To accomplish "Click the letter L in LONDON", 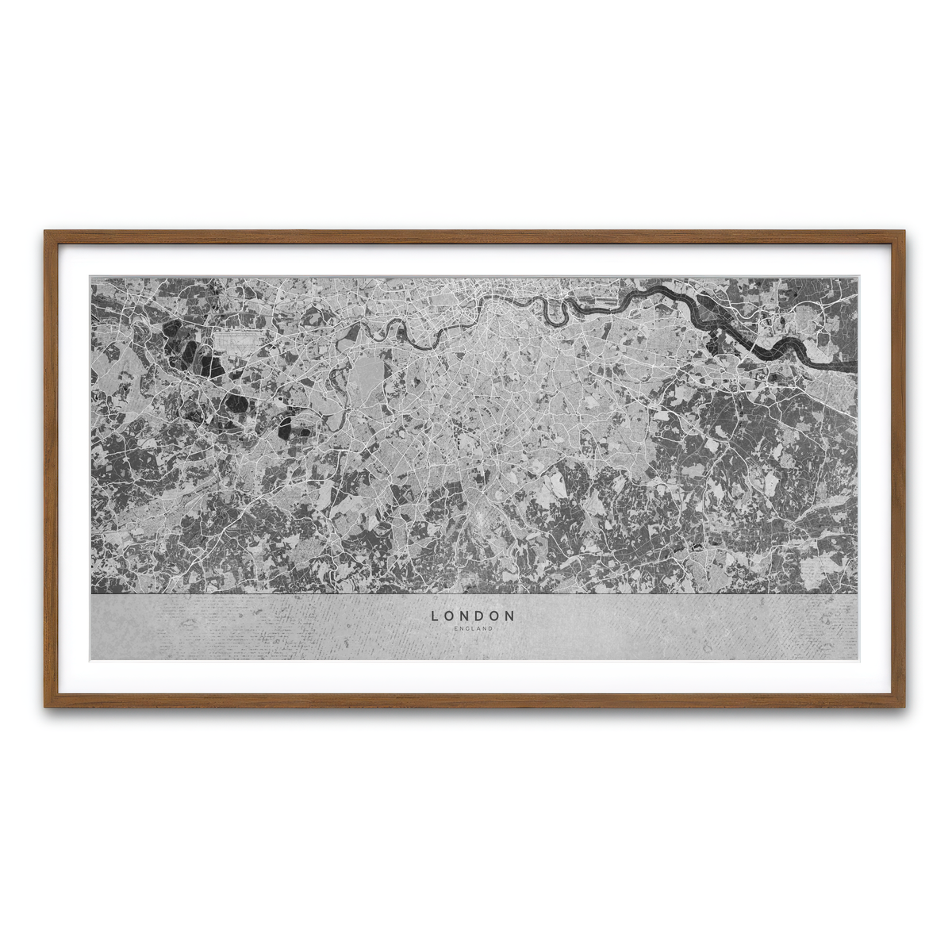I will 435,615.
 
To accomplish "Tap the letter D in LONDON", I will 480,615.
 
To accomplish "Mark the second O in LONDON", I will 495,615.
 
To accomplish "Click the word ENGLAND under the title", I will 474,628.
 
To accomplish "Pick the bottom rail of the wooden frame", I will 476,701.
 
